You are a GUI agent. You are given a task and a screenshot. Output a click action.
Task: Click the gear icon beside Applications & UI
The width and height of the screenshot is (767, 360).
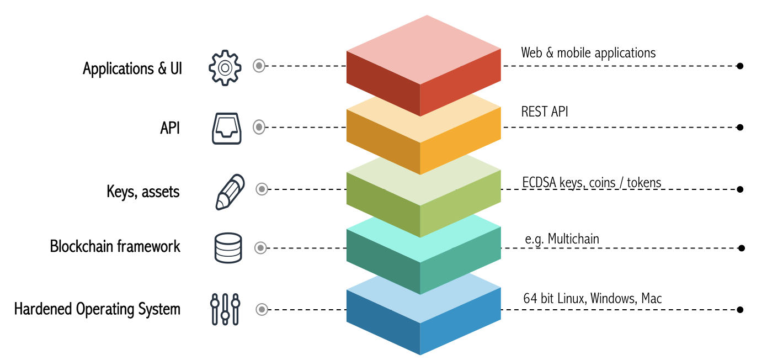coord(225,67)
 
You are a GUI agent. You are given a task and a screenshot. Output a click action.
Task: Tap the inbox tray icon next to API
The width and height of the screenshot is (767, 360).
coord(227,128)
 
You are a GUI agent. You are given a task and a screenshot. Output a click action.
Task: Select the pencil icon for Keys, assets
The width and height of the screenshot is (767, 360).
coord(229,192)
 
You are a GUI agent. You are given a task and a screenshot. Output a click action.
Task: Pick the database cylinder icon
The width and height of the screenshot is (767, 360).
coord(228,248)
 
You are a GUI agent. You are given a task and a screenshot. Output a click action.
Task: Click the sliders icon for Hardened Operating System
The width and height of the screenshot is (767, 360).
coord(225,309)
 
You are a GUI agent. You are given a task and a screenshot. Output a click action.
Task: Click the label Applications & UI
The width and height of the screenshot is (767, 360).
coord(132,69)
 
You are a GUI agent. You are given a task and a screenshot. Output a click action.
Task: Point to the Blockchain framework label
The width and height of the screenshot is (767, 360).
coord(115,246)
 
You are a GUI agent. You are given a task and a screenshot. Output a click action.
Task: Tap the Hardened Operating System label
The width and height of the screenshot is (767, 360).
coord(97,309)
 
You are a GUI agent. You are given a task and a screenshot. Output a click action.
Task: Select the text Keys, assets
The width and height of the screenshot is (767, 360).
coord(143,192)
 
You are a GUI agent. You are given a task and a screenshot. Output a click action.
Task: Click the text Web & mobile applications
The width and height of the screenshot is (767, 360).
coord(588,53)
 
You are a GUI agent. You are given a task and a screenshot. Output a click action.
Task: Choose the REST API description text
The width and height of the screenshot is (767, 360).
coord(545,112)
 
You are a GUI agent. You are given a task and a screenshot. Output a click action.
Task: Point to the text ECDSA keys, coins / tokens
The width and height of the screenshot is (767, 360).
coord(592,182)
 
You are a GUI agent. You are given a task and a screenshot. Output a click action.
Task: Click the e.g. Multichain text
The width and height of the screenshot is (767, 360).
coord(562,239)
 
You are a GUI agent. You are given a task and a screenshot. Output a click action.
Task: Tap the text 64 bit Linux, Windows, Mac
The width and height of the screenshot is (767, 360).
coord(592,299)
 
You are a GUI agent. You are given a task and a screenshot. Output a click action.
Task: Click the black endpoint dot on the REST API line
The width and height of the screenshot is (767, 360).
coord(740,128)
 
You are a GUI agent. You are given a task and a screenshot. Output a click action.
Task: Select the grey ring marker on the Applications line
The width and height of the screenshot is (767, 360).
coord(259,66)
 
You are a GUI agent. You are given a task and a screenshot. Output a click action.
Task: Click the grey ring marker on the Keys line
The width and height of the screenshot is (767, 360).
coord(262,189)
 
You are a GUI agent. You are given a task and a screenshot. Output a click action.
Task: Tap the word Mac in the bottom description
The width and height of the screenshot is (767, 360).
coord(651,299)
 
